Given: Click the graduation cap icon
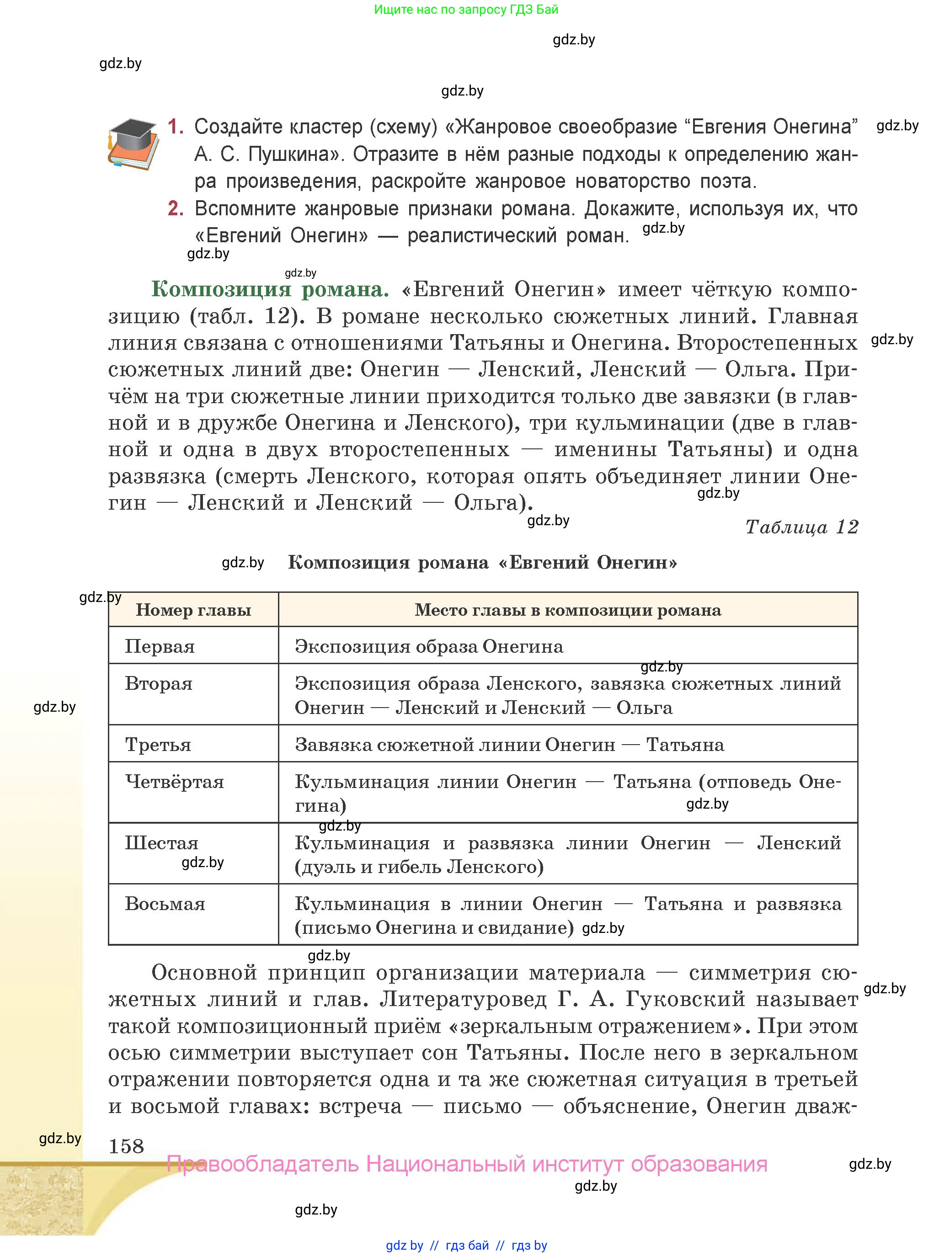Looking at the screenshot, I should pyautogui.click(x=133, y=144).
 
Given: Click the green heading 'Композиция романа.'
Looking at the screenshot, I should pyautogui.click(x=270, y=289).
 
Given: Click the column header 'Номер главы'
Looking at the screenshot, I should pyautogui.click(x=193, y=610).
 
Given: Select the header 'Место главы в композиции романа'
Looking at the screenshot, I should pyautogui.click(x=568, y=610).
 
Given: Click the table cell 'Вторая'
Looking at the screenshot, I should pyautogui.click(x=159, y=683).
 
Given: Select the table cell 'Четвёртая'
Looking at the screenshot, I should pyautogui.click(x=174, y=782).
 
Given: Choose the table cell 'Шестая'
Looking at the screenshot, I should pyautogui.click(x=162, y=843).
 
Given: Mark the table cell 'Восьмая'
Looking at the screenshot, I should pyautogui.click(x=165, y=904).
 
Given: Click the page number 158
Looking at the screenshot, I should pyautogui.click(x=126, y=1146).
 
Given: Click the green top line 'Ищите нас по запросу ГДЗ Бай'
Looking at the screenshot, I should pyautogui.click(x=466, y=10).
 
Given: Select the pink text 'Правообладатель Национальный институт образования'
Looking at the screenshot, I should pyautogui.click(x=467, y=1164).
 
